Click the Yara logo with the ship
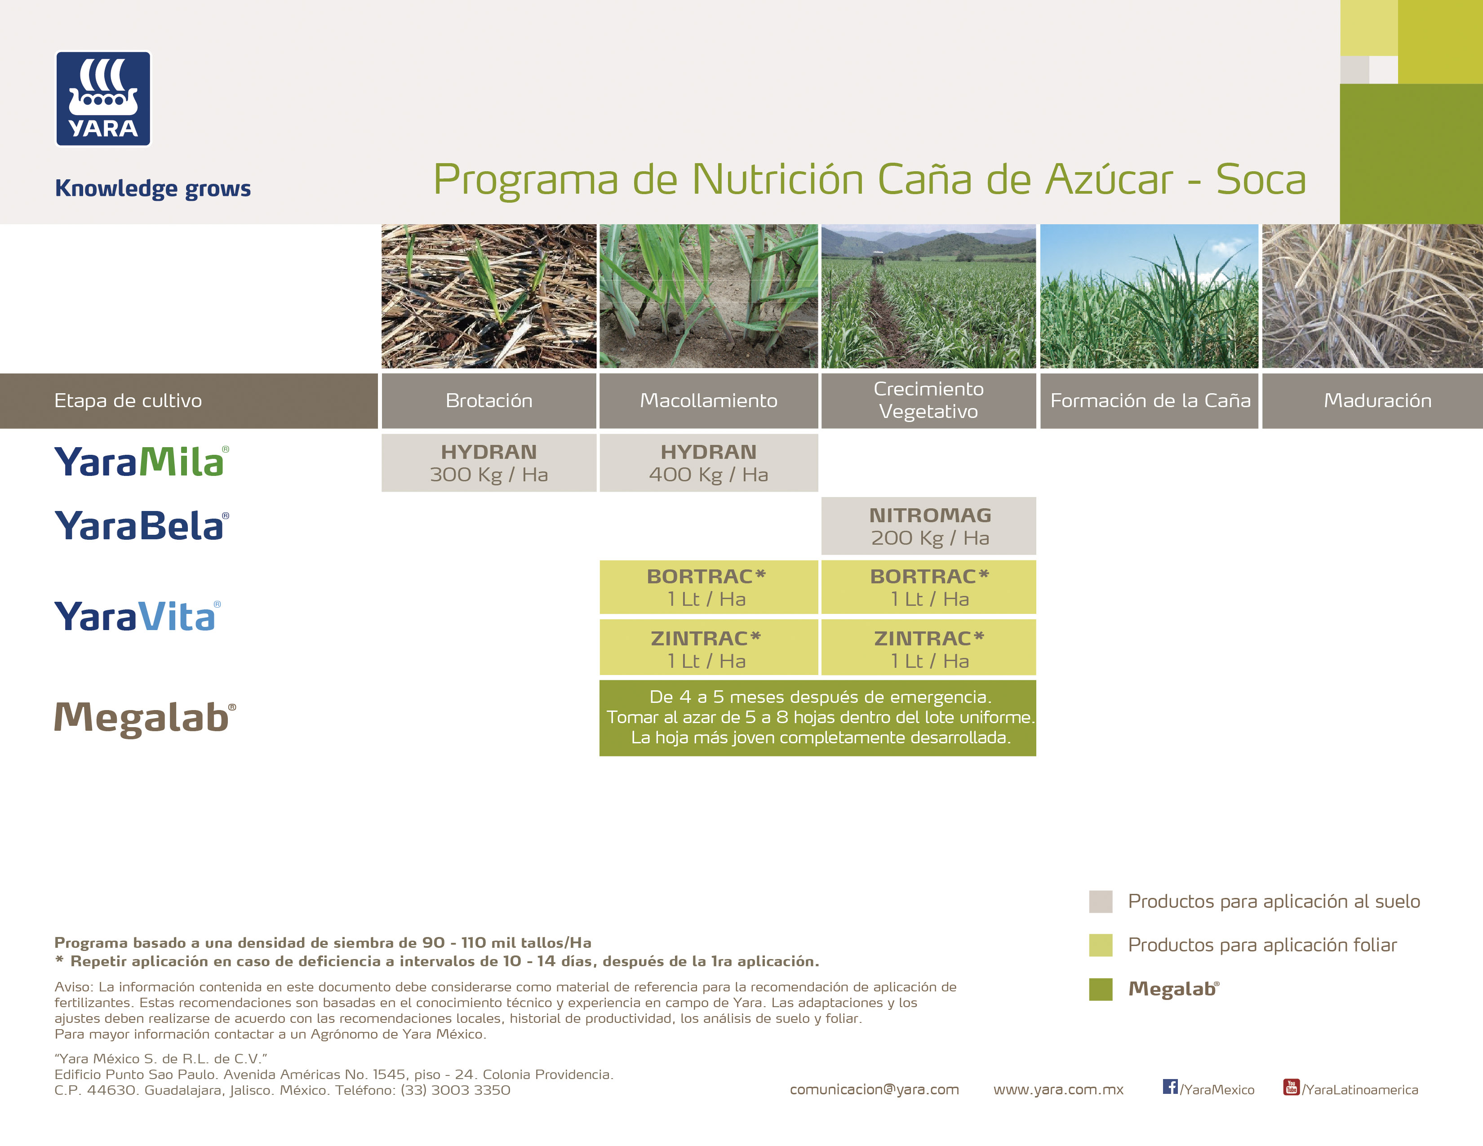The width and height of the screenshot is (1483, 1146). point(103,99)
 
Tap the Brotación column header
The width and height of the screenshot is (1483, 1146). point(489,400)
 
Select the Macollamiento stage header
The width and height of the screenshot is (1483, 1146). point(708,400)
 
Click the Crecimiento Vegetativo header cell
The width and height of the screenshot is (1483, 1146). point(928,400)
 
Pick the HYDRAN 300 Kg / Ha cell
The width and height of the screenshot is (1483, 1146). point(489,463)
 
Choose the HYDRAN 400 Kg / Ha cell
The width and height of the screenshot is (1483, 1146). point(708,463)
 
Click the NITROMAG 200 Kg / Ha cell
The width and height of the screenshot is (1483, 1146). point(929,526)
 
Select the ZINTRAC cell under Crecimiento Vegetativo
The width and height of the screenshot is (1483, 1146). point(929,649)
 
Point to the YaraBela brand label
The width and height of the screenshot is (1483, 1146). point(141,526)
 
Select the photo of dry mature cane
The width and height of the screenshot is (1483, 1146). point(1372,296)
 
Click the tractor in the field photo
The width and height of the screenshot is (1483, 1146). point(877,258)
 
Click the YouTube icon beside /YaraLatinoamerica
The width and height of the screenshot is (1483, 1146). point(1291,1087)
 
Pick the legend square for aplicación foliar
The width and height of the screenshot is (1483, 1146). point(1101,945)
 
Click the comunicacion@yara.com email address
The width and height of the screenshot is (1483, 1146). point(874,1090)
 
